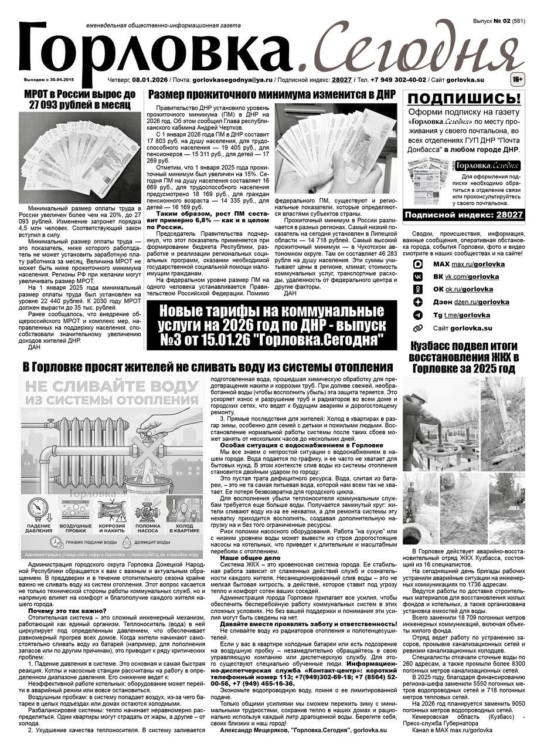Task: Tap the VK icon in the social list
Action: pyautogui.click(x=418, y=276)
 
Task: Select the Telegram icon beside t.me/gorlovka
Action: pyautogui.click(x=418, y=315)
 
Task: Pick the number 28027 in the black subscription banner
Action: pyautogui.click(x=508, y=215)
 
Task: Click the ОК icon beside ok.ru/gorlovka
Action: pyautogui.click(x=418, y=289)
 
